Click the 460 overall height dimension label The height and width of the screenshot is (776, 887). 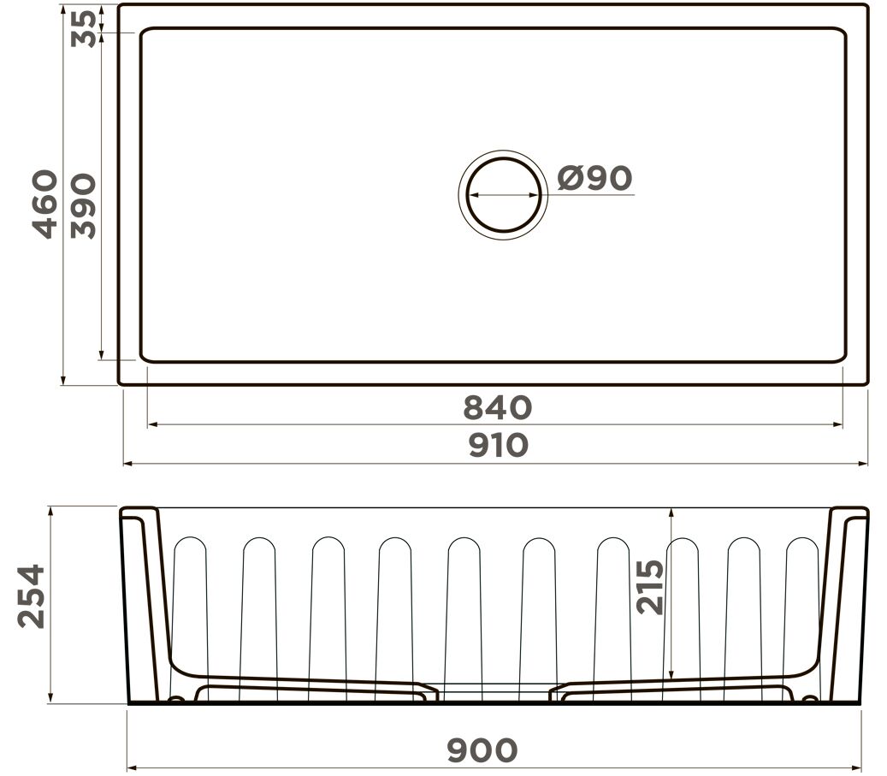pyautogui.click(x=45, y=204)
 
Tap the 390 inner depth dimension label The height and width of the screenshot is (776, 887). pyautogui.click(x=83, y=206)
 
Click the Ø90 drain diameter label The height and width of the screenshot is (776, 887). pyautogui.click(x=594, y=178)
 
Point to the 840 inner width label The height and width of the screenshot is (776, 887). pyautogui.click(x=498, y=407)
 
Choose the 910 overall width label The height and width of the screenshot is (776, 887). pyautogui.click(x=499, y=445)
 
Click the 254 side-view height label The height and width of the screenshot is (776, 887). pyautogui.click(x=32, y=596)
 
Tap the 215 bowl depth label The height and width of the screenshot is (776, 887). pyautogui.click(x=650, y=587)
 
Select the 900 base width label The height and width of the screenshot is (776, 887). pyautogui.click(x=482, y=750)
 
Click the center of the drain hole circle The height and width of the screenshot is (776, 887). pyautogui.click(x=504, y=195)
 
